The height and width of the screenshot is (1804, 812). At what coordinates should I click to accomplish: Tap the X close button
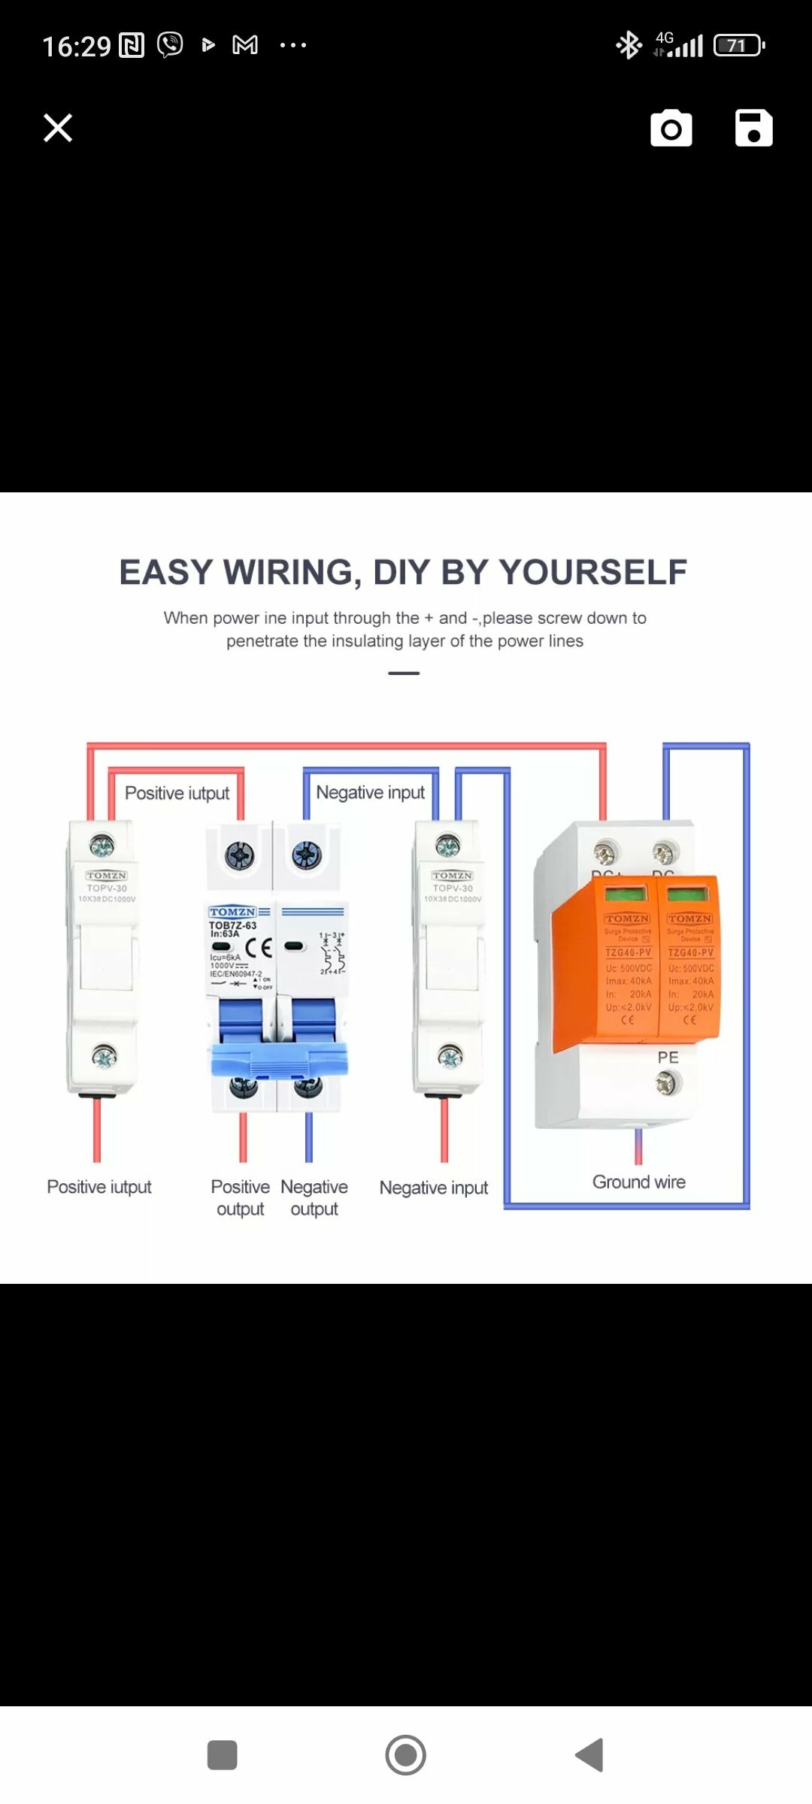click(x=58, y=128)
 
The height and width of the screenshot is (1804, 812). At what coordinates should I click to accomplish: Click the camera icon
click(x=671, y=129)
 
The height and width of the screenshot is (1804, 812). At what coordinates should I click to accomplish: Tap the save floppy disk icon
click(x=753, y=128)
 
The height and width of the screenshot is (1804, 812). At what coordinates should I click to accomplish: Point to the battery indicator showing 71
click(x=738, y=46)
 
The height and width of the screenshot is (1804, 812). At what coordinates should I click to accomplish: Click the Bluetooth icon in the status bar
click(x=629, y=45)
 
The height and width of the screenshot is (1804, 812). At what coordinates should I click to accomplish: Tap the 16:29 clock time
click(x=77, y=47)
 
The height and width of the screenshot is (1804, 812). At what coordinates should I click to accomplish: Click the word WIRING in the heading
click(x=288, y=572)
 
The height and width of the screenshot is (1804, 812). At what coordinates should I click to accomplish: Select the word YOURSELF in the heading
click(x=593, y=572)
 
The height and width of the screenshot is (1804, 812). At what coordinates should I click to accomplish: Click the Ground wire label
click(x=638, y=1182)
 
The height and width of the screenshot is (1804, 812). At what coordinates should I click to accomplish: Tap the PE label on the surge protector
click(x=668, y=1057)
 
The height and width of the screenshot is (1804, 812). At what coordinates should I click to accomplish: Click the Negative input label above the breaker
click(x=370, y=792)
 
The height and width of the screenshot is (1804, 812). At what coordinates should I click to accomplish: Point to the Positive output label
click(x=240, y=1197)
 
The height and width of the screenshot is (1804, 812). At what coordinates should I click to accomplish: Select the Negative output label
click(x=314, y=1197)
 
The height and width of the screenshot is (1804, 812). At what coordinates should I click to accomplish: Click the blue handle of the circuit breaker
click(x=279, y=1058)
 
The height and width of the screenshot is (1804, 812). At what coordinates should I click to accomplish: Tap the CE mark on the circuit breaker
click(x=259, y=947)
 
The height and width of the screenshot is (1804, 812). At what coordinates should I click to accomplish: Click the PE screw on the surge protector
click(x=668, y=1083)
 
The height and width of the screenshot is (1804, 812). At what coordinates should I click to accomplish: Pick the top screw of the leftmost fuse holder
click(x=102, y=846)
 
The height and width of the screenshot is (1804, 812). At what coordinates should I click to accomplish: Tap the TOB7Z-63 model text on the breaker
click(x=232, y=925)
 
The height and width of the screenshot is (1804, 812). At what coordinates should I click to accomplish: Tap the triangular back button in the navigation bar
click(x=590, y=1755)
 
